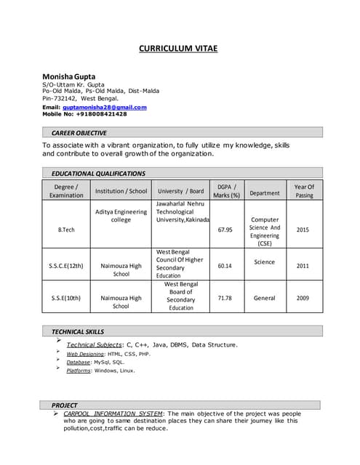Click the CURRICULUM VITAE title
(178, 49)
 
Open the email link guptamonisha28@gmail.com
(104, 107)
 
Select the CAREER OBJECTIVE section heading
(79, 133)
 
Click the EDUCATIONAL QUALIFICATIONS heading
(98, 174)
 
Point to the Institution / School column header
(121, 191)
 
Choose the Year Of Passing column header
(304, 190)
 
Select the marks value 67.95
(225, 230)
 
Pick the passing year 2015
(303, 230)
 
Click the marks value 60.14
(225, 266)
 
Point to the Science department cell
(265, 262)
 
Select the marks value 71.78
(225, 298)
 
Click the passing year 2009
(303, 298)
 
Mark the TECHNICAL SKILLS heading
(78, 331)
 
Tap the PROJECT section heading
(64, 405)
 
